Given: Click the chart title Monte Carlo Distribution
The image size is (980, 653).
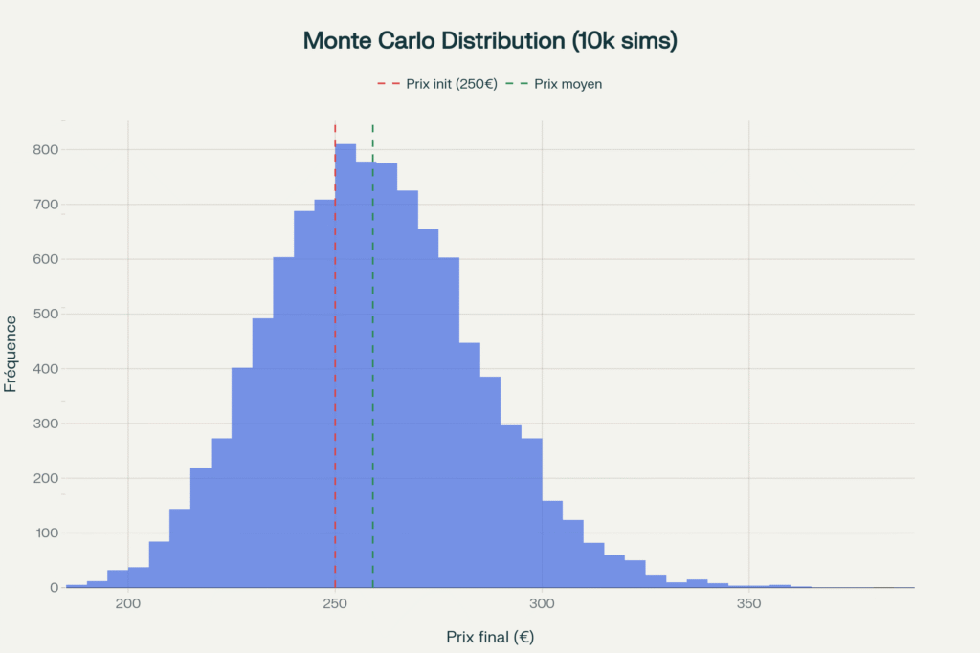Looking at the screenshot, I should click(489, 40).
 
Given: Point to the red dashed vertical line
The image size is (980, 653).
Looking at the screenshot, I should click(335, 382).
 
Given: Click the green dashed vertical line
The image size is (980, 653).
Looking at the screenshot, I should click(372, 382).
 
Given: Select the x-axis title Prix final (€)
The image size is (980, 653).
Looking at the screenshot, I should click(489, 636).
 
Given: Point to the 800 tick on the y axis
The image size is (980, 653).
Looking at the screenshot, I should click(46, 150).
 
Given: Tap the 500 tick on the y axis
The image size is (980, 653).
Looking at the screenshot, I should click(46, 314).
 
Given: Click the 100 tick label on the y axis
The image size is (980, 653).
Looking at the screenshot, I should click(46, 533).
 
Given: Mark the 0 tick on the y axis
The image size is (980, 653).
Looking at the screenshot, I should click(54, 587).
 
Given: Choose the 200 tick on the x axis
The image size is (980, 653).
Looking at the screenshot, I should click(128, 604).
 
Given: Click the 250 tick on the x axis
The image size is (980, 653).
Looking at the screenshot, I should click(335, 604).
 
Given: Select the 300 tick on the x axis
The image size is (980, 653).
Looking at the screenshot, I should click(542, 604).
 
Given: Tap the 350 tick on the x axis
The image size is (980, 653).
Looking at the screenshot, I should click(748, 604).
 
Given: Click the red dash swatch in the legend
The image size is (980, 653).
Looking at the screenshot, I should click(387, 84).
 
